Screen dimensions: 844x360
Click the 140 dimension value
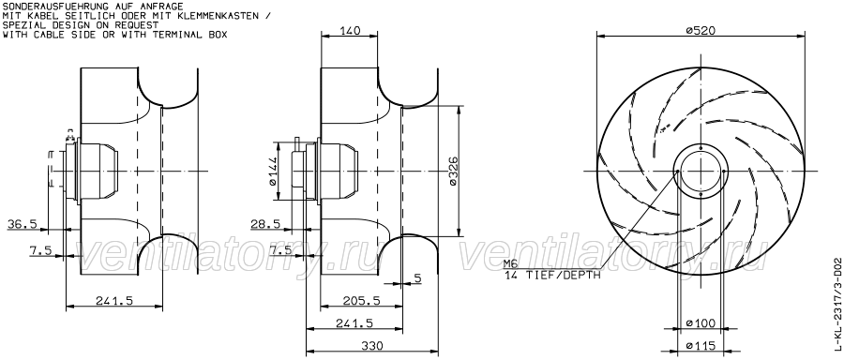click(350, 31)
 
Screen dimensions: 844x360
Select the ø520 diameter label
click(701, 31)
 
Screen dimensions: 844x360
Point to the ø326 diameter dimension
click(452, 172)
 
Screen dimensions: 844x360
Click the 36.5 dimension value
click(23, 224)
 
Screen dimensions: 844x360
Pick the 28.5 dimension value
click(265, 224)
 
